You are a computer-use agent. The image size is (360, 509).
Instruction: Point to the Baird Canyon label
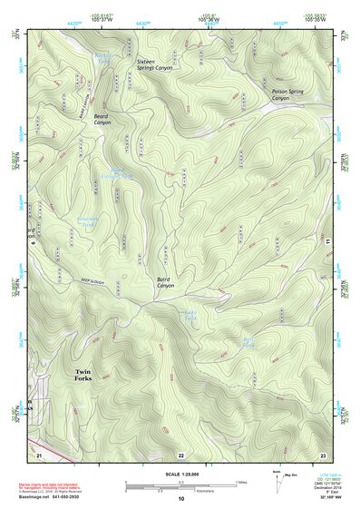pos(165,282)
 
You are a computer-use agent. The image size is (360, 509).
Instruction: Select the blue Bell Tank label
pos(248,343)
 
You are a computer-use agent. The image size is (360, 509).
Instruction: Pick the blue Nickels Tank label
pos(105,57)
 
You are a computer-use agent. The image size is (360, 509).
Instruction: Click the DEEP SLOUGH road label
pos(93,282)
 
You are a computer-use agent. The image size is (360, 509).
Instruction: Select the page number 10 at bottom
pos(180,499)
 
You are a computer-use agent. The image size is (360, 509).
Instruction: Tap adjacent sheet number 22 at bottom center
pos(180,454)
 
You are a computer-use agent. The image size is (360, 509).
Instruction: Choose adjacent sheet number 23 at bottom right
pos(323,453)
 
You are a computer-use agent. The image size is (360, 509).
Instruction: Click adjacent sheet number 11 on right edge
pos(327,241)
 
